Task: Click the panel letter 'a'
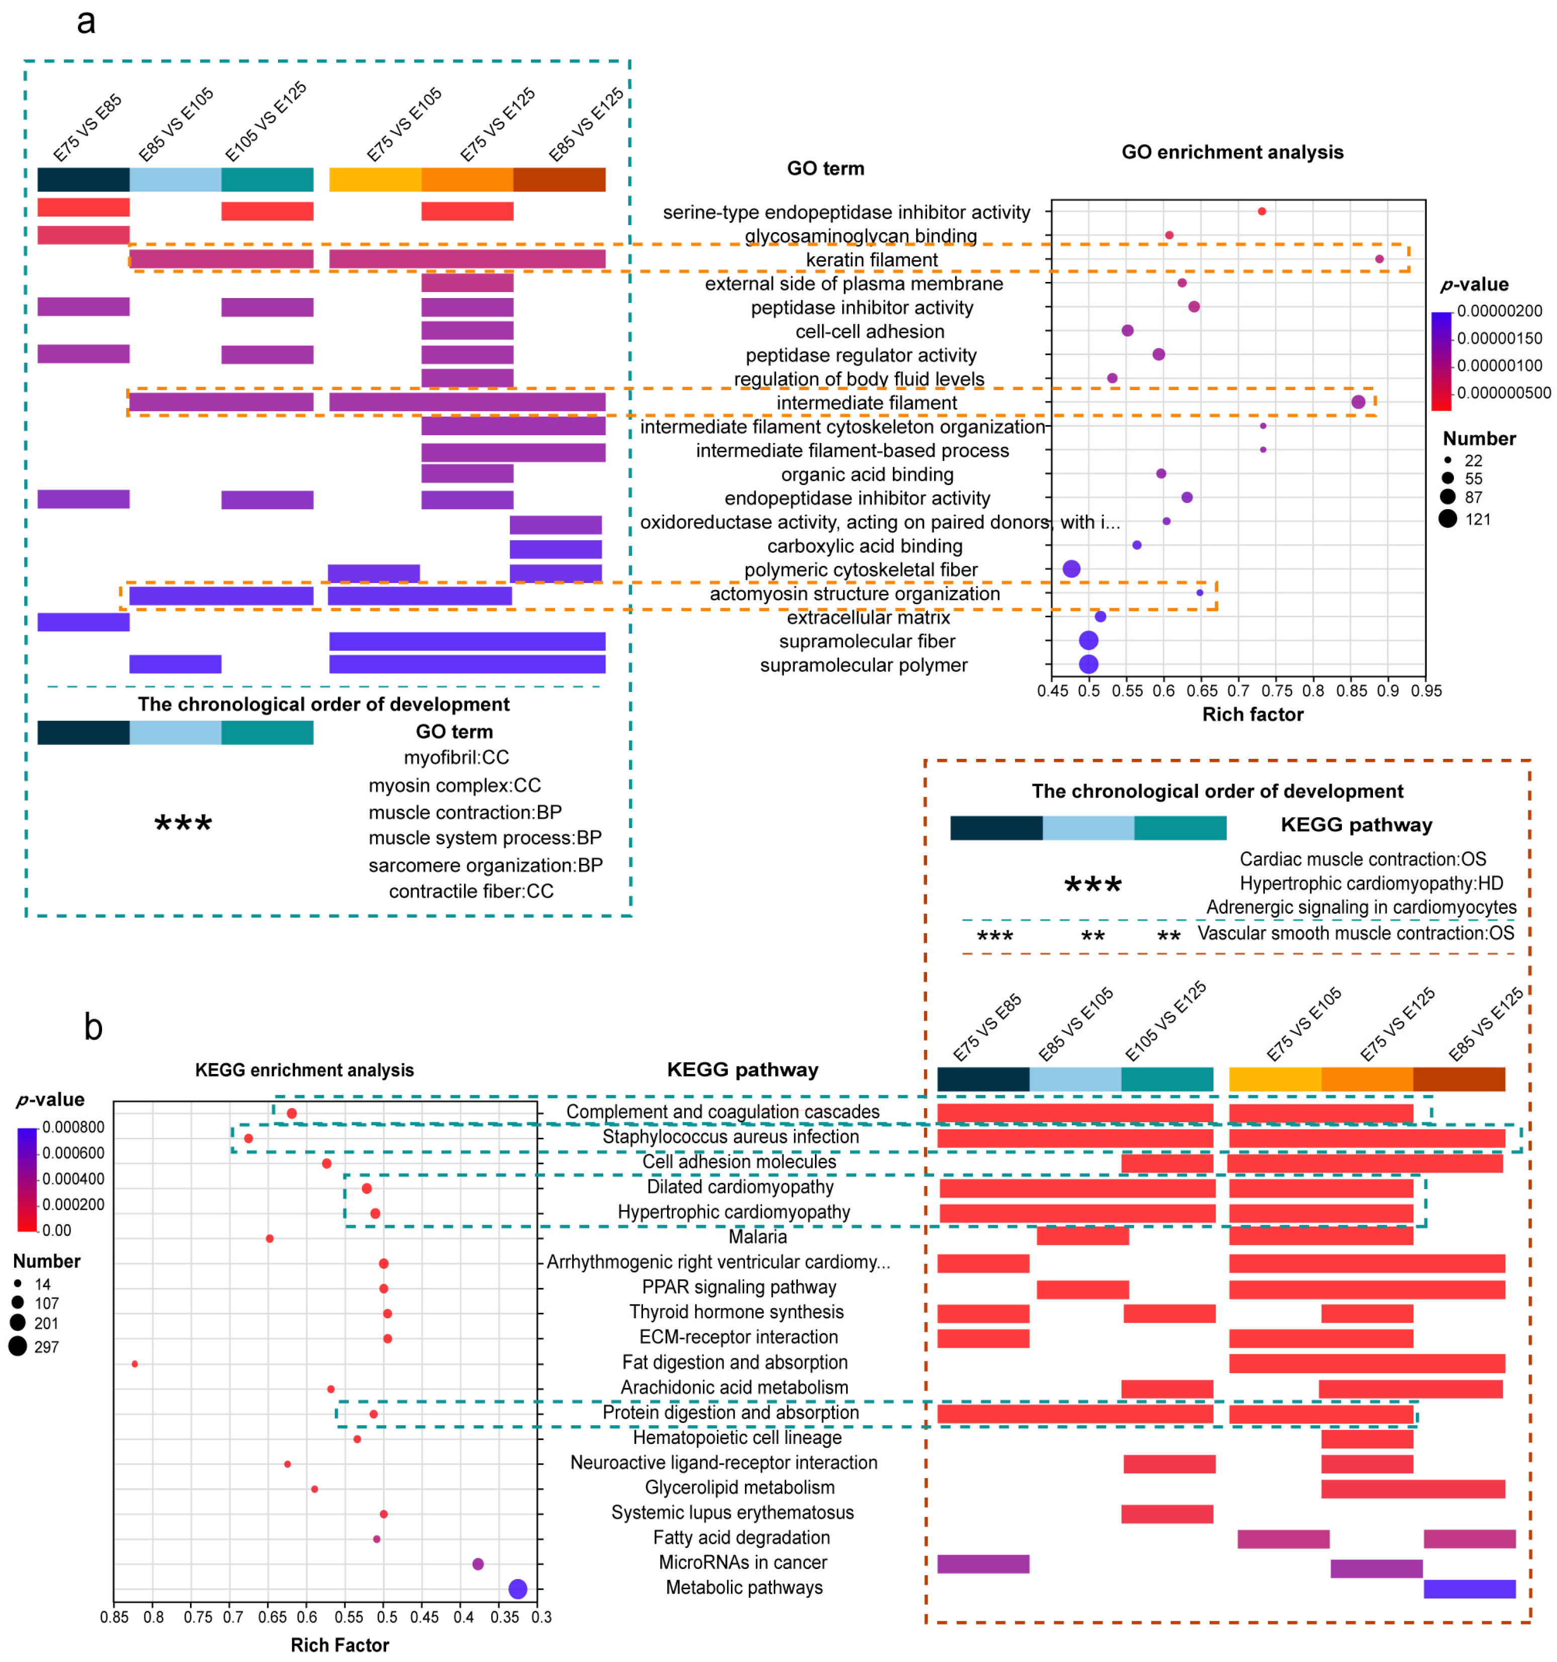click(x=85, y=22)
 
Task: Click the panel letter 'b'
click(x=93, y=1027)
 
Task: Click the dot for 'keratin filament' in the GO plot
click(x=1379, y=259)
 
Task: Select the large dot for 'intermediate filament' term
click(x=1358, y=402)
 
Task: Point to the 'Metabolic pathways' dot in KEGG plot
click(x=518, y=1589)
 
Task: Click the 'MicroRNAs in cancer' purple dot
click(x=478, y=1563)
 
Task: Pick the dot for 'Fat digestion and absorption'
click(x=135, y=1363)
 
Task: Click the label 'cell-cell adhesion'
click(x=870, y=331)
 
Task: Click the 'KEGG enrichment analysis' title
click(x=304, y=1070)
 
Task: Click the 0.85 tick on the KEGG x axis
click(x=115, y=1617)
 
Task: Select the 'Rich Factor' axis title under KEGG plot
click(x=339, y=1644)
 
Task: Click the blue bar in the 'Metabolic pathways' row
click(x=1469, y=1589)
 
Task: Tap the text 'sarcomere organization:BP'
click(x=485, y=864)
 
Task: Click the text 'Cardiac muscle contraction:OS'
click(x=1362, y=858)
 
